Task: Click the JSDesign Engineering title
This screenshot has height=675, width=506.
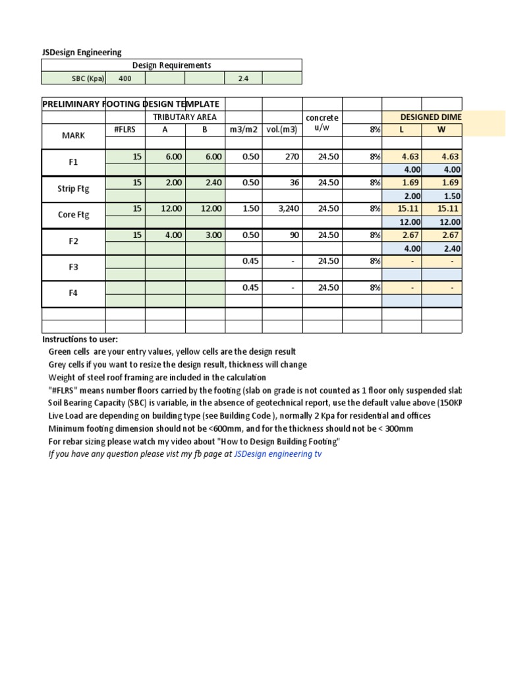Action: coord(81,52)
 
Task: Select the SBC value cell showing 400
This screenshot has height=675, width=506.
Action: coord(125,78)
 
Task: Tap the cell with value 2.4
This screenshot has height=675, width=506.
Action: coord(242,78)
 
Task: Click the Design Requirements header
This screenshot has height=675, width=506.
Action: coord(171,65)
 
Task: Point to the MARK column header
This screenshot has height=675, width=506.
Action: coord(74,136)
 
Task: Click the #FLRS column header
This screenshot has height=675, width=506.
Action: coord(125,130)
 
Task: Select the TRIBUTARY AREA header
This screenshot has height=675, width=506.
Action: coord(184,117)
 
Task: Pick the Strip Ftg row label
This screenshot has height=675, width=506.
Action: coord(74,189)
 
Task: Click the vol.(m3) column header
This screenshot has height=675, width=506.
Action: coord(282,130)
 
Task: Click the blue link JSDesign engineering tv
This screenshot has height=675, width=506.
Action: coord(277,454)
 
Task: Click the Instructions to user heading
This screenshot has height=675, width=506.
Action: coord(80,339)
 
